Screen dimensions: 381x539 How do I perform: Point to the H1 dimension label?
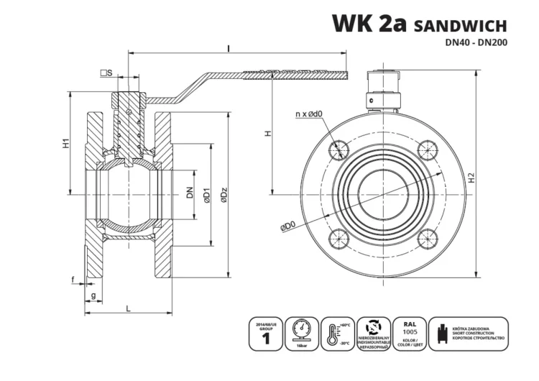(64, 142)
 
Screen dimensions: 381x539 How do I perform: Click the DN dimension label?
(190, 193)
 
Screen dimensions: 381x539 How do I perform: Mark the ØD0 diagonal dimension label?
(287, 226)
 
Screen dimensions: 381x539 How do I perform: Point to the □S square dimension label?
(106, 73)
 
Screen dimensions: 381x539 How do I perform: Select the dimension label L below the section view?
(128, 308)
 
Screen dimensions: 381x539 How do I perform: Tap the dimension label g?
(93, 295)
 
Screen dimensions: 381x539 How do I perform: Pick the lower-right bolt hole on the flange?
(427, 239)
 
